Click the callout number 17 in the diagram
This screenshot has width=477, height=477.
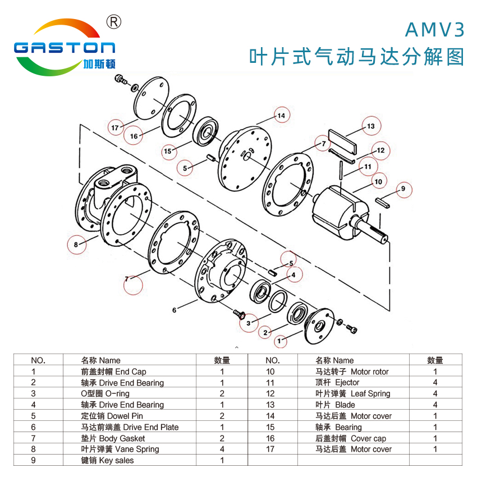[115, 127]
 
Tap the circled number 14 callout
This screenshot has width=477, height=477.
[281, 116]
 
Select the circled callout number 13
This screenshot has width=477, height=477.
[370, 126]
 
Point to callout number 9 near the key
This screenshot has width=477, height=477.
[402, 190]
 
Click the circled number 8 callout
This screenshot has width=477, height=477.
[76, 244]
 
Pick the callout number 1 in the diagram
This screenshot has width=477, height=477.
[281, 340]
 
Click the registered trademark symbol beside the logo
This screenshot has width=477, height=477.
[114, 22]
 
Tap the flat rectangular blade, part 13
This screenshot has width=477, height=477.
[342, 140]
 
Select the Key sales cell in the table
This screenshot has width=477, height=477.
[107, 460]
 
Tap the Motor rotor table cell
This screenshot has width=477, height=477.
[352, 371]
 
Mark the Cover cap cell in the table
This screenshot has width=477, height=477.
[351, 438]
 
